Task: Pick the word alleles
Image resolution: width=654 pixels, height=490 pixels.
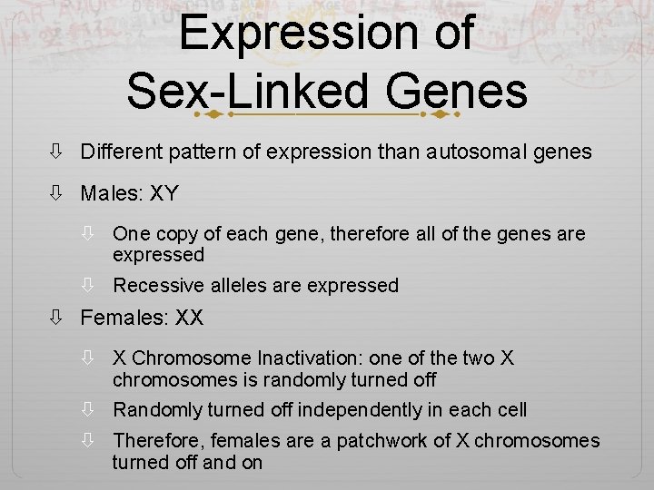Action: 239,286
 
